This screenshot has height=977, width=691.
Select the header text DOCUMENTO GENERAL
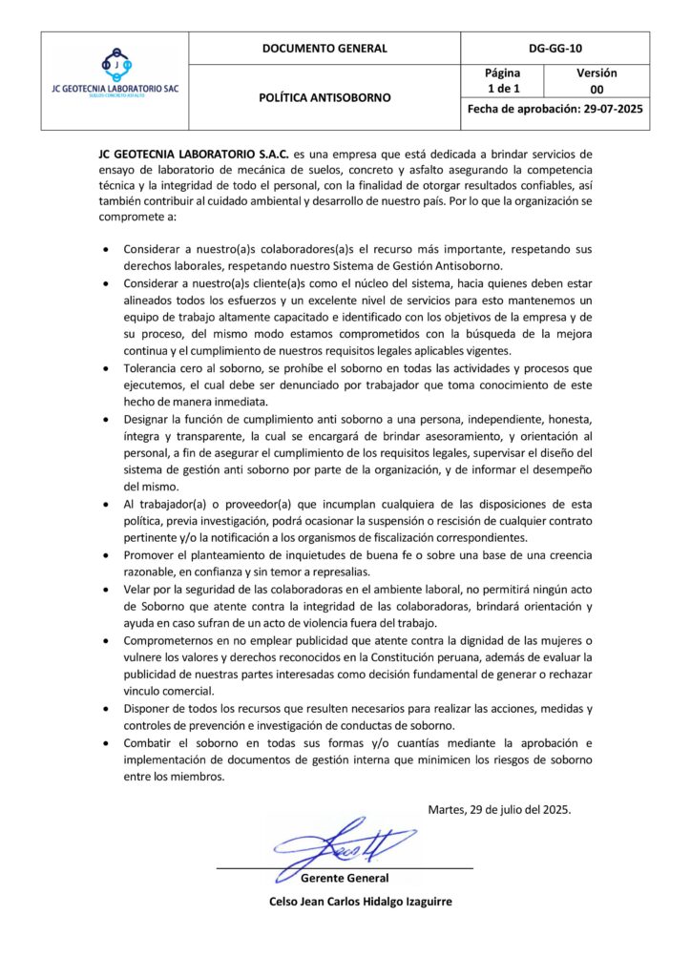[x=325, y=49]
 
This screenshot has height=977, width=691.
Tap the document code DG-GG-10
[x=555, y=49]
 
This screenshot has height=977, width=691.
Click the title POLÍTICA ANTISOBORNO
[x=325, y=97]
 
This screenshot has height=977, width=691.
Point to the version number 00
[x=597, y=90]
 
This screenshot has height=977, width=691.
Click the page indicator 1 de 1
[x=502, y=90]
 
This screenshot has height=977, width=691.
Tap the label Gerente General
[x=345, y=878]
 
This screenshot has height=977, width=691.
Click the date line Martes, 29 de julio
[x=499, y=809]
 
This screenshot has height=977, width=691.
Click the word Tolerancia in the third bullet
[x=153, y=368]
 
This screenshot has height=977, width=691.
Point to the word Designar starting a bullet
[x=150, y=420]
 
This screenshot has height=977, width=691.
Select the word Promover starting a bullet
[x=153, y=555]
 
